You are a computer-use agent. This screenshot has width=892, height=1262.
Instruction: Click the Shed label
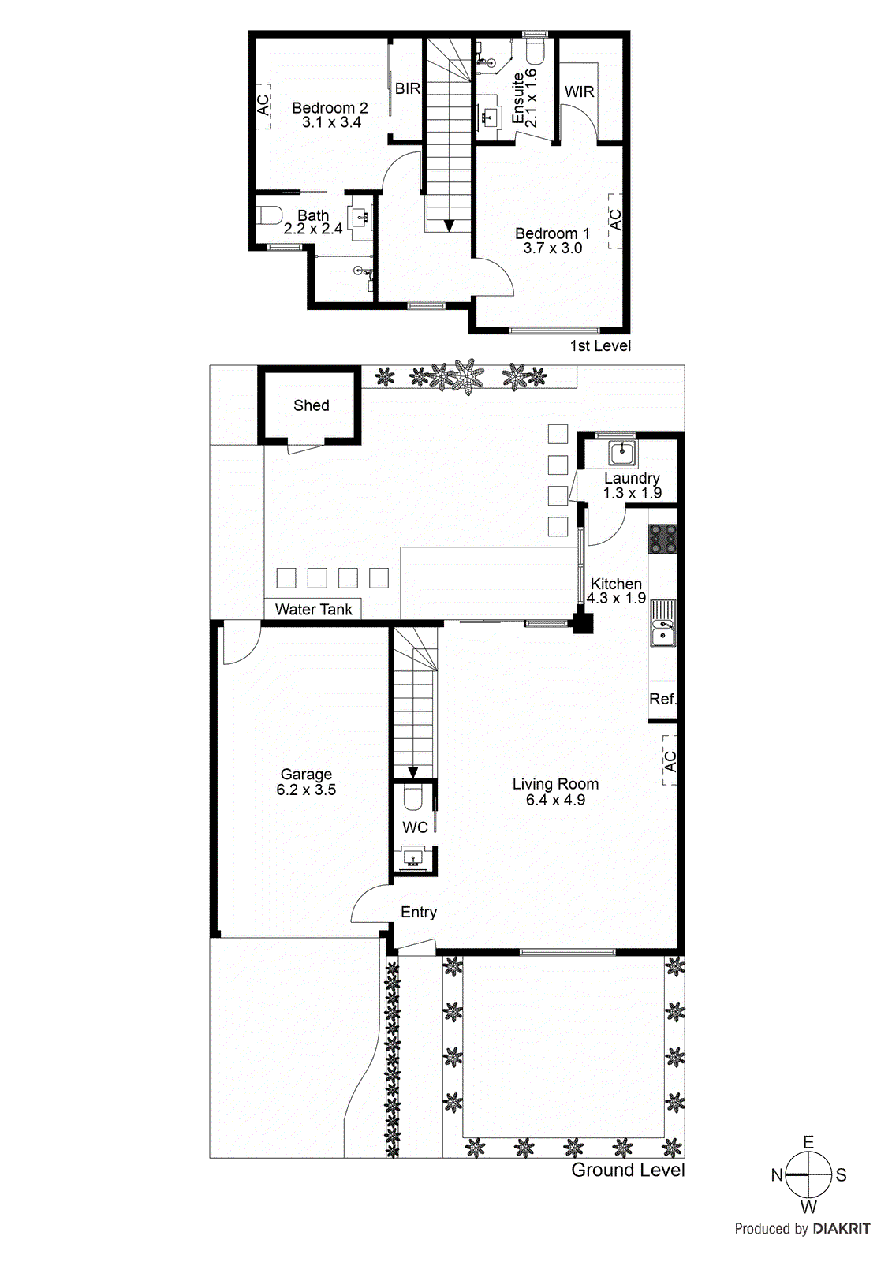pos(311,405)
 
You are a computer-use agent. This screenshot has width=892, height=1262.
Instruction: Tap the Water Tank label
pos(313,609)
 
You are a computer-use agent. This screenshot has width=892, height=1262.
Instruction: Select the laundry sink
pos(621,454)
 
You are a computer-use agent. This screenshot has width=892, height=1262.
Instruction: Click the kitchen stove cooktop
pos(662,539)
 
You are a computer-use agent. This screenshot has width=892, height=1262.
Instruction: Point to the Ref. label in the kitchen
pos(662,699)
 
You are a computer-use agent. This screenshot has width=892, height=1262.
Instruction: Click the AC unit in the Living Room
pos(670,761)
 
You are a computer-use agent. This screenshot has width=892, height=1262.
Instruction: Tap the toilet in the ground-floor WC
pos(413,798)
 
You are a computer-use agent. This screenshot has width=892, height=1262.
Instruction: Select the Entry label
pos(418,912)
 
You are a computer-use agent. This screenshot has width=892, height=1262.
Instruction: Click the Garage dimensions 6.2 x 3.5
pos(306,790)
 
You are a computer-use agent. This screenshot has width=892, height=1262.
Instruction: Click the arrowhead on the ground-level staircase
pos(412,772)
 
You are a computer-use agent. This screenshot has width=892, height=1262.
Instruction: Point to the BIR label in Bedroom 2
pos(407,88)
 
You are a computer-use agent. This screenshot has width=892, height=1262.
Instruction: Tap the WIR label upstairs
pos(579,91)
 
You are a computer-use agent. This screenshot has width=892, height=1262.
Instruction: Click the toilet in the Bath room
pos(271,215)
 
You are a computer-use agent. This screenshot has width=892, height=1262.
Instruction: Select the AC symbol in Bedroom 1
pos(615,220)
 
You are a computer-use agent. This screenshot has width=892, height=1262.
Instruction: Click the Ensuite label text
pos(518,99)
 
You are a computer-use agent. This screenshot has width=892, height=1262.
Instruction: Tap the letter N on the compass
pos(777,1175)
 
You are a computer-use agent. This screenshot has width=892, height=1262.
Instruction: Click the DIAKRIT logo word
pos(842,1228)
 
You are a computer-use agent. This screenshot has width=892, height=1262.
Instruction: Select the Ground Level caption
pos(628,1170)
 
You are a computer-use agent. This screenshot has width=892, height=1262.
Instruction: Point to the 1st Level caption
pos(600,345)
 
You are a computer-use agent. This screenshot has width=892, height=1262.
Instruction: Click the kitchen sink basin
pos(662,633)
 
